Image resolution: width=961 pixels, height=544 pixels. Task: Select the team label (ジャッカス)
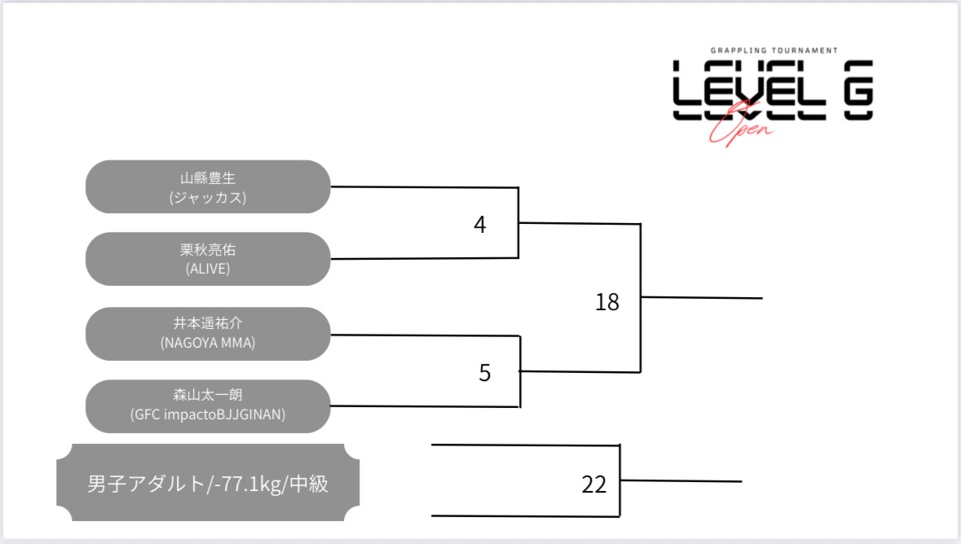207,197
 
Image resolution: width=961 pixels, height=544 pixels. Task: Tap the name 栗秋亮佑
207,250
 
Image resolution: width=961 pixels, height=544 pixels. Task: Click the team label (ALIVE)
207,269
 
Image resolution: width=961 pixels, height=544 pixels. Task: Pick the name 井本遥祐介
207,324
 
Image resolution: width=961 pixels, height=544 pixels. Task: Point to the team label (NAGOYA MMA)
207,343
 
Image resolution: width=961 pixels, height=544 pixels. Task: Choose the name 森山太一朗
207,397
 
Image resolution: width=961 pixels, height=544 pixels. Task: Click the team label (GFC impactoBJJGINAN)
207,415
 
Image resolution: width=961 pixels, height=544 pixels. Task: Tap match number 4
480,225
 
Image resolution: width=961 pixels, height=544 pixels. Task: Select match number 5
485,374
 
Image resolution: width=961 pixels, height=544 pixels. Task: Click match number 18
607,303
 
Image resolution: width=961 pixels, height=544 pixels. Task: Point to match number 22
594,485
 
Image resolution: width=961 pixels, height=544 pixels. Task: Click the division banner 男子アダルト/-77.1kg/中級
207,484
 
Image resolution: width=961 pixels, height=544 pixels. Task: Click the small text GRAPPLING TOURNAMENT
773,50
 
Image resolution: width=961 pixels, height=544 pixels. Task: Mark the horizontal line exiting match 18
701,298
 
